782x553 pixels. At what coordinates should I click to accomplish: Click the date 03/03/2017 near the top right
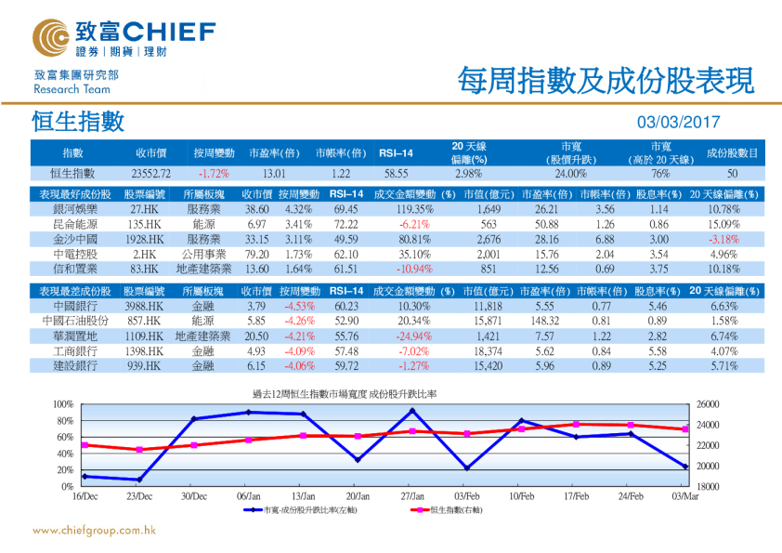coord(678,123)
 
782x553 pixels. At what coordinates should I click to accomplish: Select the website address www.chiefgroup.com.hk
coord(94,531)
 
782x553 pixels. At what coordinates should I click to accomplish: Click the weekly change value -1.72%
coord(214,173)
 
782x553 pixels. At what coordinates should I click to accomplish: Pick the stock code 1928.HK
coord(147,239)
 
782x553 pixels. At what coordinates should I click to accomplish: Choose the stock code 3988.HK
coord(147,306)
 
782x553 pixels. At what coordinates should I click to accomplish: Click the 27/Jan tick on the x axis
coord(411,496)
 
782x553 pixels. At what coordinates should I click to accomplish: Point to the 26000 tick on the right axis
coord(709,404)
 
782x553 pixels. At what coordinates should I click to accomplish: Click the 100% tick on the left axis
coord(62,404)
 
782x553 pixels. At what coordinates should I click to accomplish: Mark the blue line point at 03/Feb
coord(466,467)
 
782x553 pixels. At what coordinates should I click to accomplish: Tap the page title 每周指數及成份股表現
coord(600,82)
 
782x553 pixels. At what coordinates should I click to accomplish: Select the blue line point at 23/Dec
coord(138,480)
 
